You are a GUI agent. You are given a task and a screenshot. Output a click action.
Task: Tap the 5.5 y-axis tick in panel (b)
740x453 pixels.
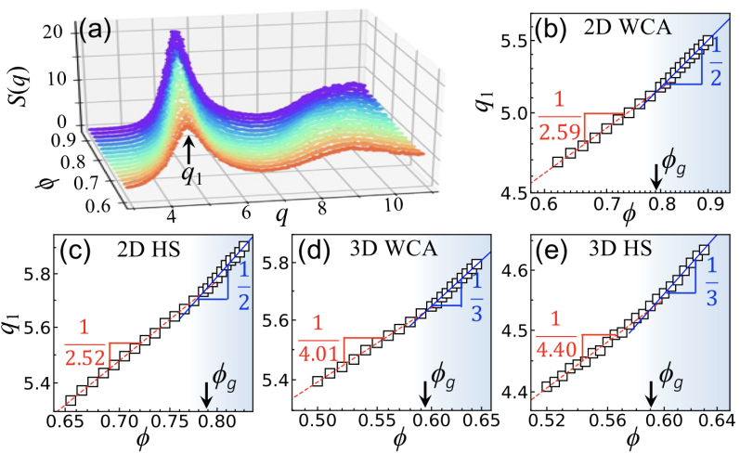pyautogui.click(x=513, y=42)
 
